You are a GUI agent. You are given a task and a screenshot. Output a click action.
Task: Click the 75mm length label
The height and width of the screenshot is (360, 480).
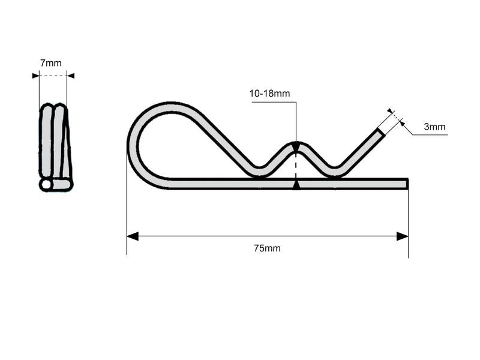tap(267, 248)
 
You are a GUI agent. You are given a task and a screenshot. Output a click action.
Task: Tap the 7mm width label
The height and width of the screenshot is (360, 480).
tap(51, 63)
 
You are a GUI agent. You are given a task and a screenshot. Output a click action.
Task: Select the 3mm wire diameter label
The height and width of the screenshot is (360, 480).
tap(434, 127)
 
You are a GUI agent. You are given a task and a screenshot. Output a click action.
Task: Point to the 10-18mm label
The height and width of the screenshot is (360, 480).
tap(269, 94)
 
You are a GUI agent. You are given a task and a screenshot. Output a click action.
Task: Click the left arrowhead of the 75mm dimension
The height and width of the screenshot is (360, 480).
tap(133, 236)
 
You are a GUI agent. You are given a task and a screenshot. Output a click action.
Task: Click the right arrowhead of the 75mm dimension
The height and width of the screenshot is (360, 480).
tap(403, 236)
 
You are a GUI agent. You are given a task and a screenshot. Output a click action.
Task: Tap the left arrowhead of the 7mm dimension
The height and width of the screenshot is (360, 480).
tap(35, 76)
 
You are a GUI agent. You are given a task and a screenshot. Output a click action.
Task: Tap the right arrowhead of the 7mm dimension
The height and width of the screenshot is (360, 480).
tap(70, 76)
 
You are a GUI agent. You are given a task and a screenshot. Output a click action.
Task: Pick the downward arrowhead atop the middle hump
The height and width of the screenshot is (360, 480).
tap(296, 146)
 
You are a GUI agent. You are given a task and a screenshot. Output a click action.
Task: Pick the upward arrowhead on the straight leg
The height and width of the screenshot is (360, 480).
tap(296, 185)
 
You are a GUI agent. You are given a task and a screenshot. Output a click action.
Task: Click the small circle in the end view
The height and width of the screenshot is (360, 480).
tap(46, 184)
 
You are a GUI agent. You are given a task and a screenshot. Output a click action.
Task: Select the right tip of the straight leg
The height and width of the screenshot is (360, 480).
tap(407, 184)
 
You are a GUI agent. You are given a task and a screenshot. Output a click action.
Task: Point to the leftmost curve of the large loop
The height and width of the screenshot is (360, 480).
tap(132, 147)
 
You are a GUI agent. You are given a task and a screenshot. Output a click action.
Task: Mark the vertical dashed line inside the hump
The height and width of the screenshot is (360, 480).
tap(296, 165)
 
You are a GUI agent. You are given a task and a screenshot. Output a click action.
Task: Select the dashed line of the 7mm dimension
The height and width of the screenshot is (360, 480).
tap(53, 76)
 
